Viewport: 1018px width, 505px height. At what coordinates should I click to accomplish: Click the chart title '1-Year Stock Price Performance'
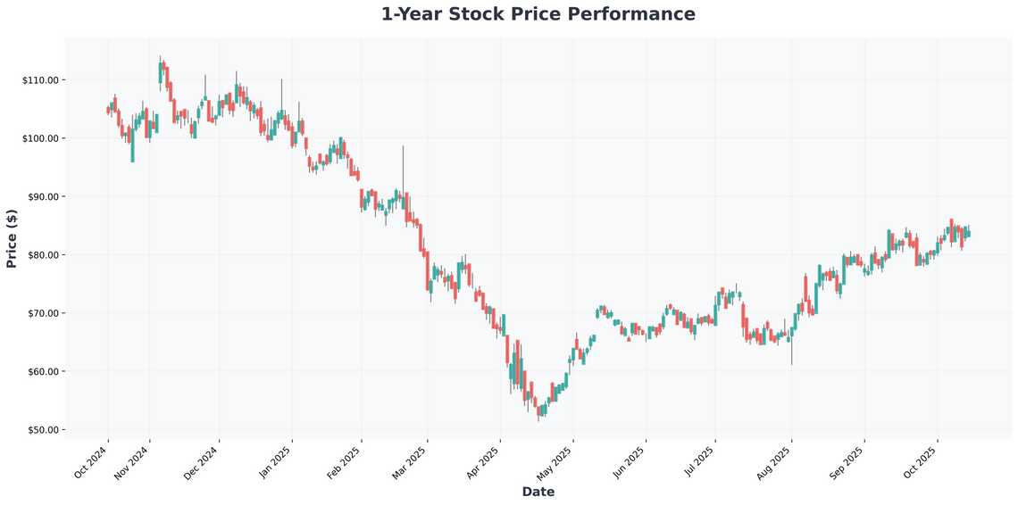(x=538, y=14)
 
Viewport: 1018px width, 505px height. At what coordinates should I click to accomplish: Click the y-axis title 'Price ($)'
(x=12, y=238)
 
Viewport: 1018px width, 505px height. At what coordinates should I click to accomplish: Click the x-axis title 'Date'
(x=538, y=492)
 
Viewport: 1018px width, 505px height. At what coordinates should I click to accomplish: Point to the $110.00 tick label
(x=40, y=80)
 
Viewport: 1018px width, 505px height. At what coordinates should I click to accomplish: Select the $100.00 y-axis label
(x=40, y=138)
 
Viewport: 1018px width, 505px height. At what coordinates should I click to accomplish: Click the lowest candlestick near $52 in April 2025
(x=539, y=412)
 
